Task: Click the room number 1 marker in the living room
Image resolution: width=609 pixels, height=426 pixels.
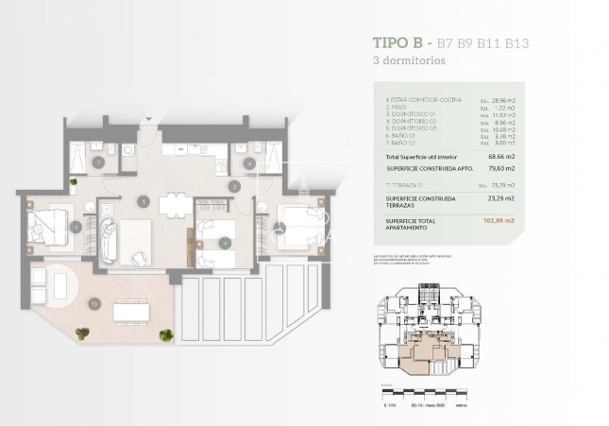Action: tap(144, 200)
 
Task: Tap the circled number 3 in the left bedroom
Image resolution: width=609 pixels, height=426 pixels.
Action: tap(76, 227)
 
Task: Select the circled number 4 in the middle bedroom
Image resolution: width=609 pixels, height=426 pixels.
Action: tap(224, 242)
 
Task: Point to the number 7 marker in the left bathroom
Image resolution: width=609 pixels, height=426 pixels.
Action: tap(99, 162)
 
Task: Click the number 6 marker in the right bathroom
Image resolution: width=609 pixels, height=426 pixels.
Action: tap(249, 162)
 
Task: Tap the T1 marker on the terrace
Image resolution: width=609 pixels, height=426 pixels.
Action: tap(93, 303)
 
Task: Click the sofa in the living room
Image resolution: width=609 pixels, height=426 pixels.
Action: tap(107, 241)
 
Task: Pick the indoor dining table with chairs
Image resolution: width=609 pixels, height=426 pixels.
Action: tap(173, 204)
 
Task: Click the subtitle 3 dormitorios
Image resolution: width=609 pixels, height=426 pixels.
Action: tap(409, 60)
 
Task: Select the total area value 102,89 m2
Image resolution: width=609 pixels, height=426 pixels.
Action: tap(497, 220)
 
